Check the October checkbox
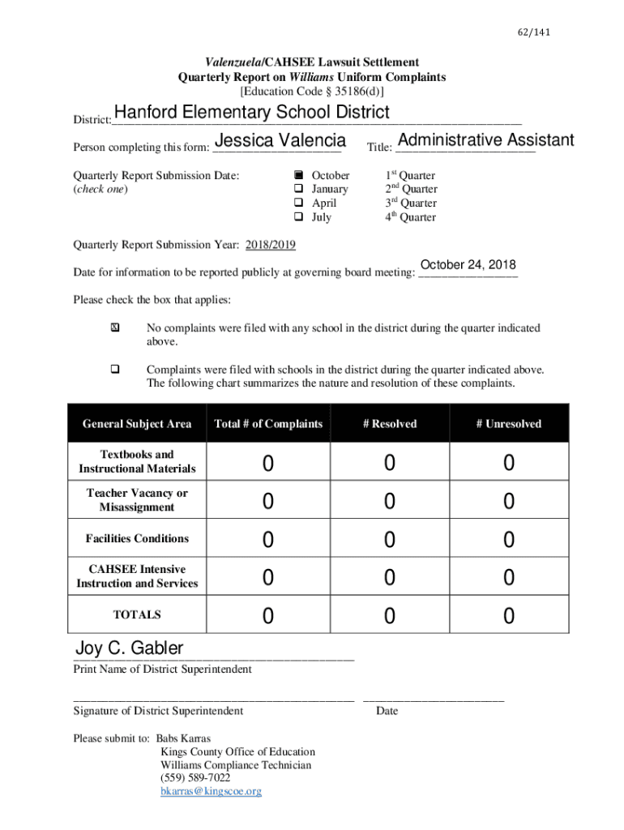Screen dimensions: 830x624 (298, 175)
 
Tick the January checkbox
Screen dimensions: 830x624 (298, 189)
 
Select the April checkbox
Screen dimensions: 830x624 (298, 203)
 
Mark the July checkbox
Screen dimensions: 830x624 (298, 217)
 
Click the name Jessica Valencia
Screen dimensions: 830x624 (281, 141)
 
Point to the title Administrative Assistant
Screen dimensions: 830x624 (485, 140)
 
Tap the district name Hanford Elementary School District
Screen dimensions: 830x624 (251, 112)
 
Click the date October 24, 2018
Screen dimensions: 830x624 (468, 265)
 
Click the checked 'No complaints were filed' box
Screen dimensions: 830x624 (114, 328)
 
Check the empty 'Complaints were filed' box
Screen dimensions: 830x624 (114, 370)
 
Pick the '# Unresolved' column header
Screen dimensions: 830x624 (508, 424)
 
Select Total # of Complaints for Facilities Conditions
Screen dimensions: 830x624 (267, 540)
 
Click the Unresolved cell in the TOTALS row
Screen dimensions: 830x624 (508, 617)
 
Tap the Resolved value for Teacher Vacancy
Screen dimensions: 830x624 (390, 502)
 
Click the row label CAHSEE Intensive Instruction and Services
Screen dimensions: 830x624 (137, 576)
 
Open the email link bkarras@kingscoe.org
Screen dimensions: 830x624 (211, 791)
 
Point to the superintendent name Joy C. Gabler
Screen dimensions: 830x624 (129, 648)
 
